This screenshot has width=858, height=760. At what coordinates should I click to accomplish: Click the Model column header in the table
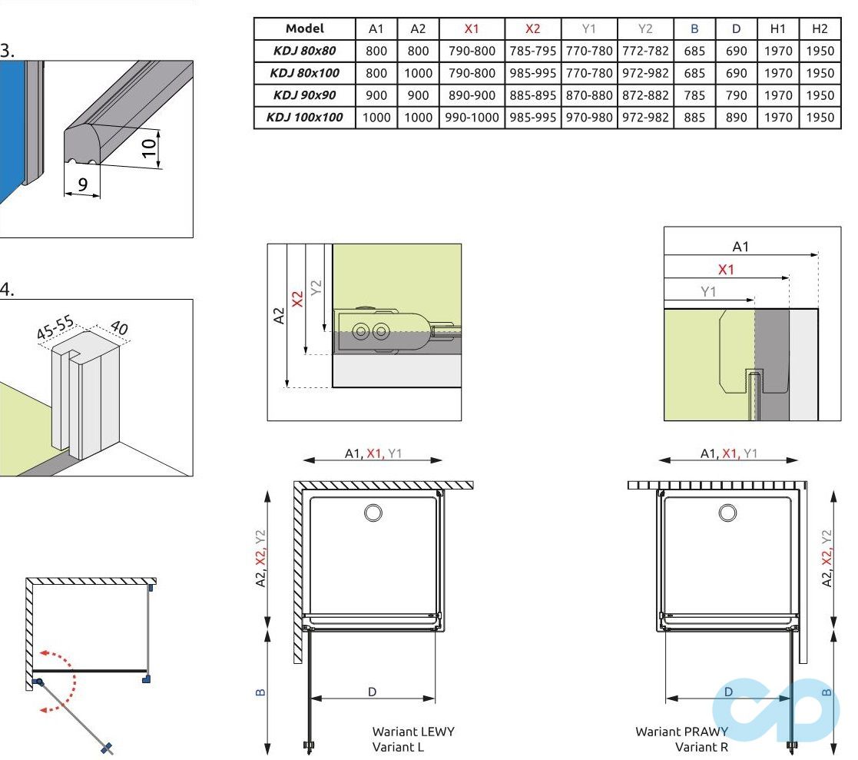click(x=305, y=28)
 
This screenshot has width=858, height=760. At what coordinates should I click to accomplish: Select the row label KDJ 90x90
click(x=305, y=95)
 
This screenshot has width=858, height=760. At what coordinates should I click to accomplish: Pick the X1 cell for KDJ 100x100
click(x=471, y=118)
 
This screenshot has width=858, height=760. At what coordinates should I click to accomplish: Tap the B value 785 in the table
click(x=694, y=95)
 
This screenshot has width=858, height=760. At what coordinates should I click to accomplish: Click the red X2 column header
click(x=532, y=28)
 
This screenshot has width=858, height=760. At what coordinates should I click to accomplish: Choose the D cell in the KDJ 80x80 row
click(x=736, y=51)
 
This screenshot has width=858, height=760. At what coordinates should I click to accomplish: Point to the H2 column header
click(x=820, y=28)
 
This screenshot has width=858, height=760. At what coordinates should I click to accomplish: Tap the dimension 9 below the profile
click(x=82, y=184)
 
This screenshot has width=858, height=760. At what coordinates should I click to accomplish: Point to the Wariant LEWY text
click(x=412, y=732)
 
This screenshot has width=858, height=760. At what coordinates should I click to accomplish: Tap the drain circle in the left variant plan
click(x=374, y=512)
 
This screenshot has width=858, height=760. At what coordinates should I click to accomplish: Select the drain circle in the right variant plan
click(x=727, y=512)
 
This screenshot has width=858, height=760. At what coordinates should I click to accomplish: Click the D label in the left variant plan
click(x=372, y=692)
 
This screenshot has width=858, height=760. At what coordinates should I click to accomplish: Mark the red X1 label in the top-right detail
click(x=725, y=270)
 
